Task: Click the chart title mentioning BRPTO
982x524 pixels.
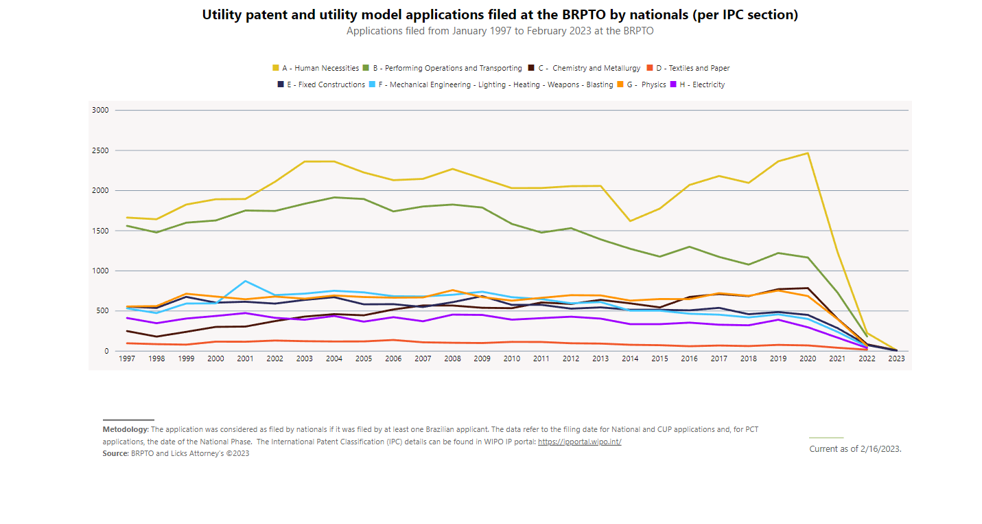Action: (x=500, y=15)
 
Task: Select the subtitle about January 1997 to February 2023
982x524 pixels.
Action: (x=500, y=31)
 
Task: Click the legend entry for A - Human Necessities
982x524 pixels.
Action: (x=316, y=68)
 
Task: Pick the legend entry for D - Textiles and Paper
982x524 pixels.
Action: (x=688, y=68)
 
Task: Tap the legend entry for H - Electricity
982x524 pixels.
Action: (x=697, y=84)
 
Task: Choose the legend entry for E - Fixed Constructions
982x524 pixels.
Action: (x=321, y=84)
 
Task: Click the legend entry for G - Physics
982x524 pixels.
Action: (x=642, y=84)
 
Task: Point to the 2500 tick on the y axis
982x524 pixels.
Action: (x=100, y=150)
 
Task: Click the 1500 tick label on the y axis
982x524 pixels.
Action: (x=100, y=231)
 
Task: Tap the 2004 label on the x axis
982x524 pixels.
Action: (x=334, y=358)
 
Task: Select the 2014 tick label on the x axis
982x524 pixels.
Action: (x=630, y=358)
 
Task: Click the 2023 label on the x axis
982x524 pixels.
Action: (x=896, y=358)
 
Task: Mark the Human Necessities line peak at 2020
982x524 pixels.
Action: (x=808, y=153)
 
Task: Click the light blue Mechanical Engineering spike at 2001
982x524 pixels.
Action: (x=246, y=281)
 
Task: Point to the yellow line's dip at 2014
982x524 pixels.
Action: (x=630, y=220)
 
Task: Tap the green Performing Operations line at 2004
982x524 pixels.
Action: (x=334, y=198)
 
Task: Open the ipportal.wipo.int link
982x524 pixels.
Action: (x=580, y=442)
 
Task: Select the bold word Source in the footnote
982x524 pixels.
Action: (x=116, y=453)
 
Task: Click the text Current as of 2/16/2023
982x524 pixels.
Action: (x=855, y=449)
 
